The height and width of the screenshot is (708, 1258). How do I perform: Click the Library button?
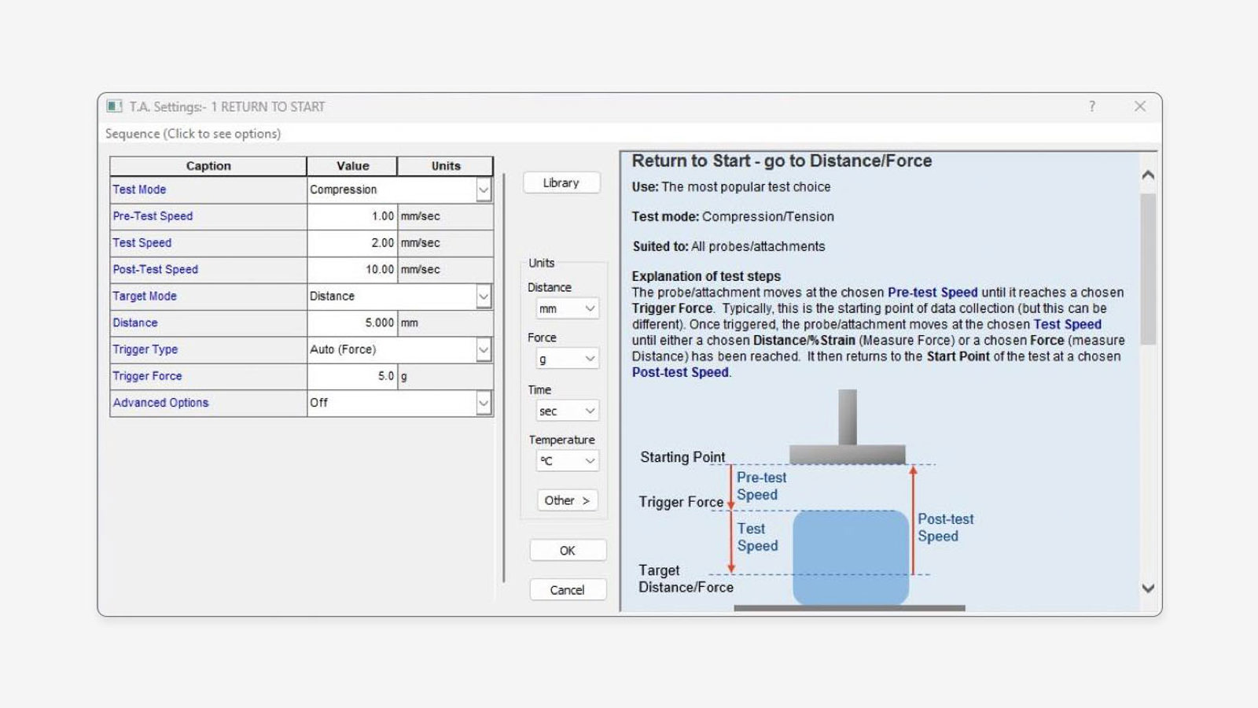561,183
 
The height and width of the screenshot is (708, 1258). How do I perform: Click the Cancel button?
567,590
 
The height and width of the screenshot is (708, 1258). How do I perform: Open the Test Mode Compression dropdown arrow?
484,190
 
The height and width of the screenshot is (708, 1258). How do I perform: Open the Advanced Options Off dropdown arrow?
484,403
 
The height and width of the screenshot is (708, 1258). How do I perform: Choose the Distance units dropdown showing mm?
567,309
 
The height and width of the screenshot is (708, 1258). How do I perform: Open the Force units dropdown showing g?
567,360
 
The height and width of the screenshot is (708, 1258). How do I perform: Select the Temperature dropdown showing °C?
567,461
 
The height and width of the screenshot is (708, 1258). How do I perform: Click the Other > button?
566,500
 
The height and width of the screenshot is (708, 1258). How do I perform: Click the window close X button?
1140,106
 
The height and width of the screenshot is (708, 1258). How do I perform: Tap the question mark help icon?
1092,106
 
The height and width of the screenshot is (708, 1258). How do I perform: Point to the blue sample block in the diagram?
851,557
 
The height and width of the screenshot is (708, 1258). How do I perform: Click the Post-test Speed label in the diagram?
945,528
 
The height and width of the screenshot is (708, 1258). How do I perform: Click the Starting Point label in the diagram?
682,457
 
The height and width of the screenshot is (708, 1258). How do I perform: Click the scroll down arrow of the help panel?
1148,588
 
